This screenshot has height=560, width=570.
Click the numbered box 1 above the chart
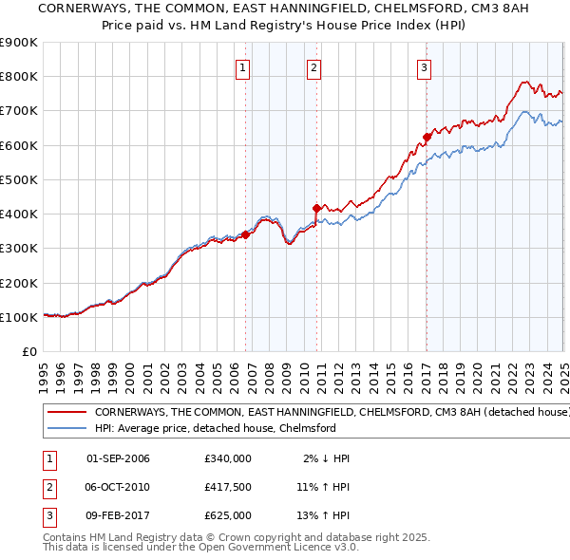click(243, 67)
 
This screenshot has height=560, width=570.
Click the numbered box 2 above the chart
click(313, 67)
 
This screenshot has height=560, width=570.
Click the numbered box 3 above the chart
click(424, 67)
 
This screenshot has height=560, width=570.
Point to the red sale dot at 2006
click(245, 234)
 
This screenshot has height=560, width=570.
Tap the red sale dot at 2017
click(427, 137)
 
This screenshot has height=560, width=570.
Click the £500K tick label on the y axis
click(18, 179)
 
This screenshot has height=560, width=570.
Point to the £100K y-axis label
click(18, 317)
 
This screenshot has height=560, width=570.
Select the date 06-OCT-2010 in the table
click(118, 487)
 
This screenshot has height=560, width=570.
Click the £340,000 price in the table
click(228, 458)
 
